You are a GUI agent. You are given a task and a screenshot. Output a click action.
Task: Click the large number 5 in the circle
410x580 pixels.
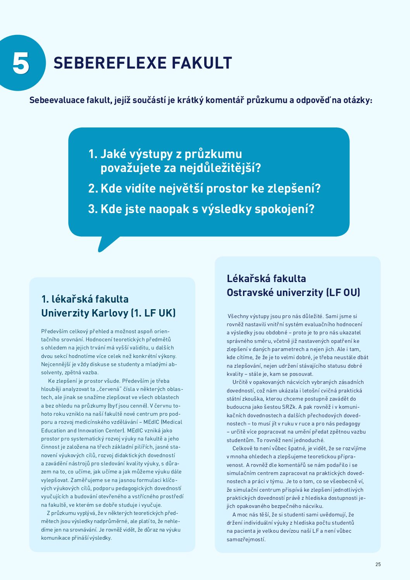pos(21,63)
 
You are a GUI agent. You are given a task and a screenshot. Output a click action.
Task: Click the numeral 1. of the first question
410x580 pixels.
pos(93,154)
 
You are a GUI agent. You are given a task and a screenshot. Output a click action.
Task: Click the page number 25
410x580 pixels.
pos(378,565)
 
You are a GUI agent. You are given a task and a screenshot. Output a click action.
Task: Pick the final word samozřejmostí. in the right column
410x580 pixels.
pos(246,539)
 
